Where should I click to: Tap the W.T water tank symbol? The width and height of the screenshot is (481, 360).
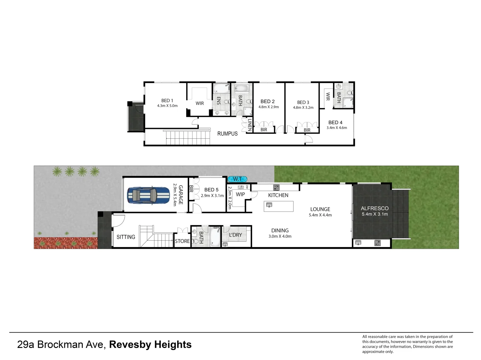(237, 179)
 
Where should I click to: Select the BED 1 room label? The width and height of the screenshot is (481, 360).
(167, 100)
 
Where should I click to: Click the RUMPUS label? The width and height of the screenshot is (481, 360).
(227, 134)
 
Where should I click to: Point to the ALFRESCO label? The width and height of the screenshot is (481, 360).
(375, 208)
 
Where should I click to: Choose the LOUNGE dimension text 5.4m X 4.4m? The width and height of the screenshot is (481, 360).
(320, 215)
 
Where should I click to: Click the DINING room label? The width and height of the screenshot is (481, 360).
(280, 230)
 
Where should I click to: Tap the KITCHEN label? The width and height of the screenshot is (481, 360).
(278, 195)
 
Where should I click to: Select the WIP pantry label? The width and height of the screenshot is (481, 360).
(240, 194)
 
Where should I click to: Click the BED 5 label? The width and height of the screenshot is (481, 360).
(211, 190)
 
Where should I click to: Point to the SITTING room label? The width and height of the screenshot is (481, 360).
(126, 237)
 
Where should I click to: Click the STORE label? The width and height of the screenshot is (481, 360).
(182, 241)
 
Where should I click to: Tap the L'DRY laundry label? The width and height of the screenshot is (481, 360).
(235, 235)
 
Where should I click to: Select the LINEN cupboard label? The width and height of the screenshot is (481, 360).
(250, 125)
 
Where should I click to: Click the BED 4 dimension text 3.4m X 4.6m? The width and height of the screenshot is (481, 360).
(337, 128)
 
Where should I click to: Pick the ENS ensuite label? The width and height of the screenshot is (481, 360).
(218, 101)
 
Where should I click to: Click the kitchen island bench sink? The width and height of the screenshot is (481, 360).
(269, 205)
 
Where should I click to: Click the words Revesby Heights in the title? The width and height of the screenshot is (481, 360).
(150, 344)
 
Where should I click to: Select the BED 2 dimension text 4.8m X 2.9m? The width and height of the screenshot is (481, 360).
(269, 107)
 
